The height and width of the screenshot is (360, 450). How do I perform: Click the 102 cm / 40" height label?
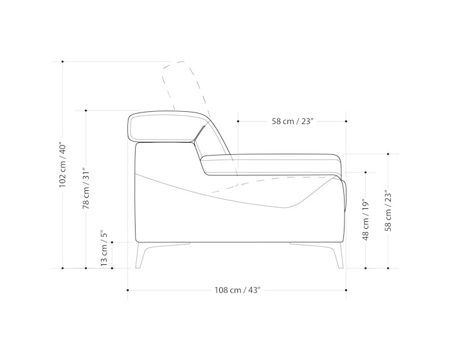[62, 164]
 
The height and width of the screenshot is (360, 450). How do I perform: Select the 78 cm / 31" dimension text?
[85, 188]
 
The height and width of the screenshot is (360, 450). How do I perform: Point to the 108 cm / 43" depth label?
[237, 290]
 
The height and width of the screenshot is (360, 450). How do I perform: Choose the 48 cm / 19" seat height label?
[365, 221]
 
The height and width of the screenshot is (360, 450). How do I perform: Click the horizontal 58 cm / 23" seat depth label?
[292, 121]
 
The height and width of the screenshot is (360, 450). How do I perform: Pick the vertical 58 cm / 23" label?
[388, 210]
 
